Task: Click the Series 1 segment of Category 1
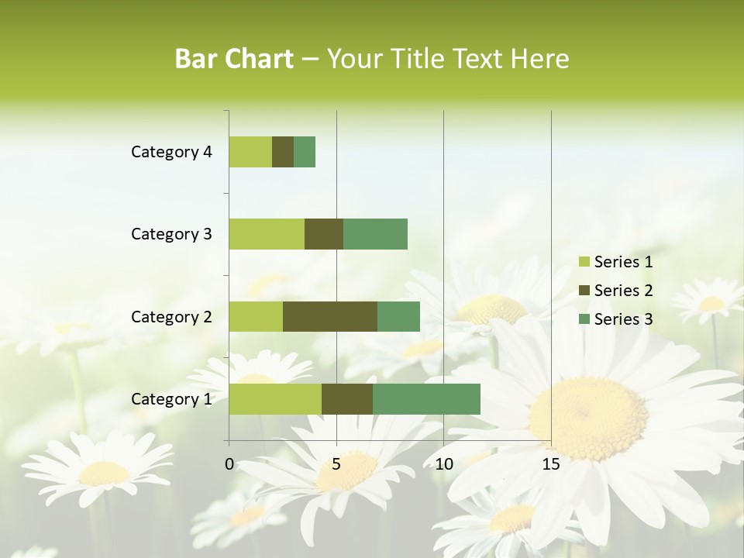click(x=275, y=398)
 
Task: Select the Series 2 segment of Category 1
click(x=347, y=398)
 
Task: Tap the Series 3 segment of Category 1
click(x=426, y=398)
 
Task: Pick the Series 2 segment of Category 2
click(x=330, y=316)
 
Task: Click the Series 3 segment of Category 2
click(x=398, y=316)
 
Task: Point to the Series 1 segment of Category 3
click(x=267, y=234)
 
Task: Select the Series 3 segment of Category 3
click(x=375, y=234)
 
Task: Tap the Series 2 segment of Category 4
click(x=283, y=152)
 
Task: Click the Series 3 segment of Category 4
click(x=305, y=152)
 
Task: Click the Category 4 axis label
click(x=171, y=152)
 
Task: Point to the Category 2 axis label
click(x=171, y=316)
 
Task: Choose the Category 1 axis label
click(x=171, y=399)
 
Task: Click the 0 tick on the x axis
click(x=229, y=464)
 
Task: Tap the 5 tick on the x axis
click(x=336, y=464)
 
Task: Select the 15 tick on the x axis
click(x=551, y=464)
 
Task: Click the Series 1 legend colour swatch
click(x=584, y=262)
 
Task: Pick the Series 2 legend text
click(x=623, y=291)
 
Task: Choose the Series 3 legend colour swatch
click(x=584, y=319)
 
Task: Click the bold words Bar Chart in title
click(x=234, y=59)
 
